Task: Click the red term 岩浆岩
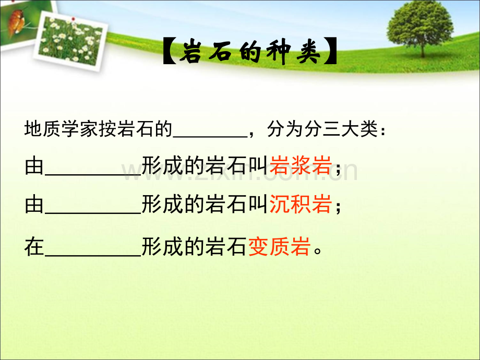pyautogui.click(x=301, y=165)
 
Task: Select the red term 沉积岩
pyautogui.click(x=301, y=205)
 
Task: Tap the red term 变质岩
pyautogui.click(x=280, y=247)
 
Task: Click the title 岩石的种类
pyautogui.click(x=250, y=52)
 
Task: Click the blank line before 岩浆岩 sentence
pyautogui.click(x=93, y=174)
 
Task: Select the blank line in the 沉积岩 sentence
pyautogui.click(x=93, y=213)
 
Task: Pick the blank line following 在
pyautogui.click(x=93, y=256)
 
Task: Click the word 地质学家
pyautogui.click(x=61, y=128)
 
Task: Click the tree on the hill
pyautogui.click(x=421, y=29)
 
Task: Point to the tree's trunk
pyautogui.click(x=423, y=49)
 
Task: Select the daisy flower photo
pyautogui.click(x=71, y=41)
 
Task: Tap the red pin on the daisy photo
pyautogui.click(x=73, y=19)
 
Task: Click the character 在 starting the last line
pyautogui.click(x=34, y=247)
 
